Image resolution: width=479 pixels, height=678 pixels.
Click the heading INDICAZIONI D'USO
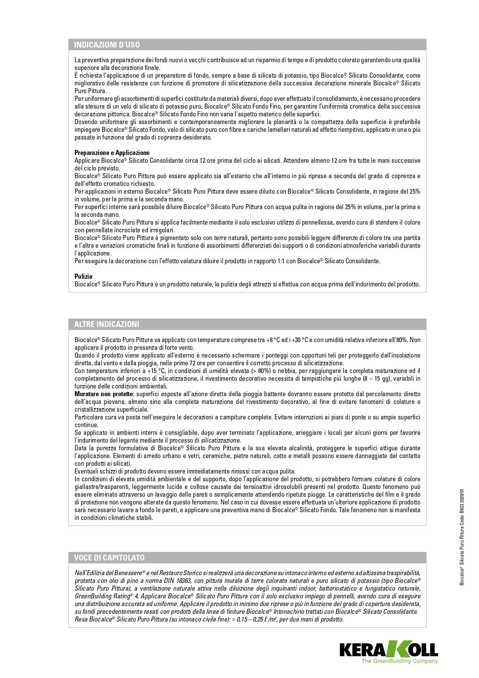click(107, 45)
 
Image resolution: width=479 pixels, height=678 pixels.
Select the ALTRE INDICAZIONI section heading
click(107, 324)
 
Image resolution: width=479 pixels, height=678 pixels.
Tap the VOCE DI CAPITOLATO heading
click(109, 558)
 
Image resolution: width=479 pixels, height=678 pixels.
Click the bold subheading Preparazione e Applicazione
click(112, 153)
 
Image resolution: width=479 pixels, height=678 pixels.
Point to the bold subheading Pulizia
click(83, 276)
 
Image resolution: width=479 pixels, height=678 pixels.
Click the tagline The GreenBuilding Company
click(399, 661)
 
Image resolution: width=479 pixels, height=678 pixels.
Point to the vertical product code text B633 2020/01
click(462, 503)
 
